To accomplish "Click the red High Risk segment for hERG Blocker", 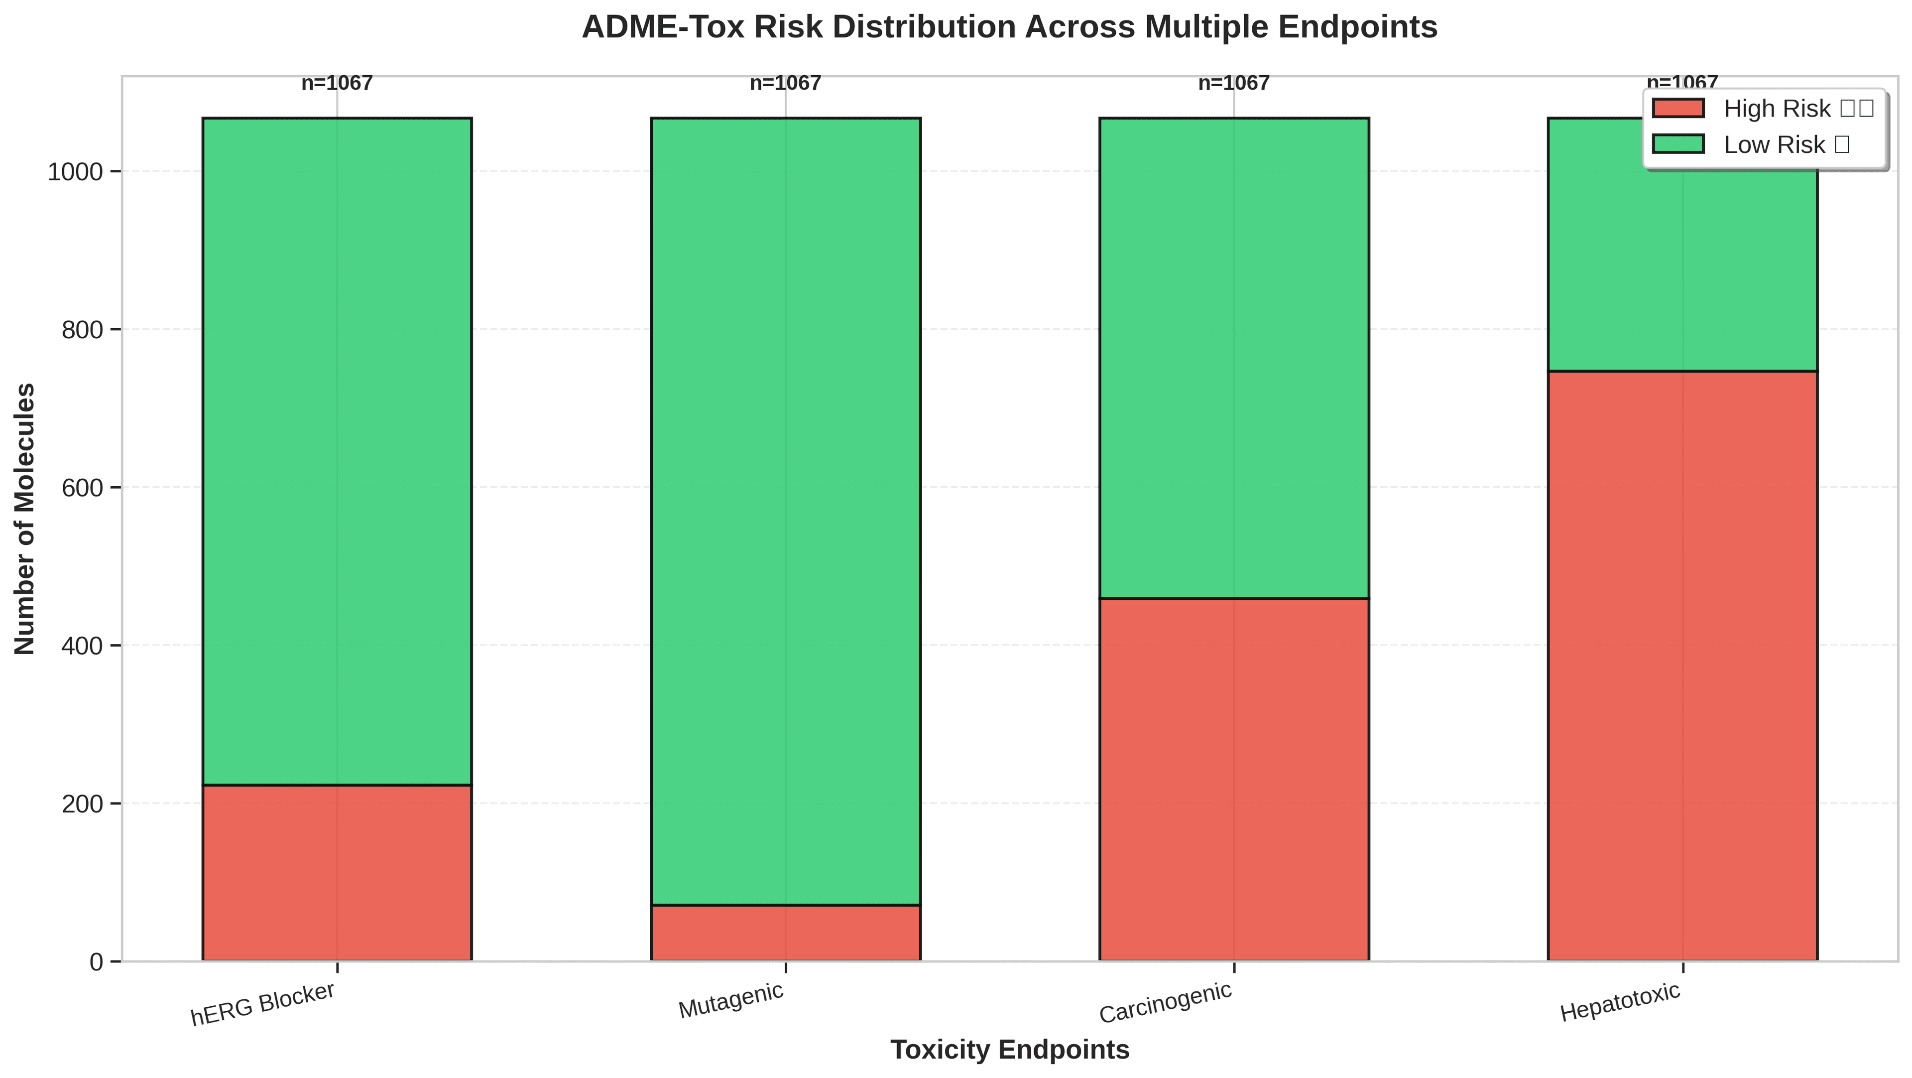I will click(x=337, y=872).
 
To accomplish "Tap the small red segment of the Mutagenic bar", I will click(x=785, y=933).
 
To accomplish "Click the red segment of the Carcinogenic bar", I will click(x=1234, y=780).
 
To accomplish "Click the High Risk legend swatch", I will click(x=1678, y=109).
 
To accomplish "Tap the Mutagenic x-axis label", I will click(x=731, y=1001).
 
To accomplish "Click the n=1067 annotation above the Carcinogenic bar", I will click(x=1234, y=83).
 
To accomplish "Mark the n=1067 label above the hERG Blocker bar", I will click(x=337, y=83).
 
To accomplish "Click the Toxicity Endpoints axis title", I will click(x=1009, y=1050).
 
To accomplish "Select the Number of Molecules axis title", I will click(x=25, y=518).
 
